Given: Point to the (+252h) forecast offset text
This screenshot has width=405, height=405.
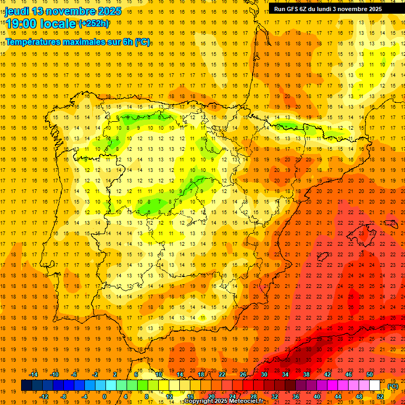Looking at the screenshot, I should tap(94, 24).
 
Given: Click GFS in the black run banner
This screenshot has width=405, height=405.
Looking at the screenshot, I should tap(292, 9).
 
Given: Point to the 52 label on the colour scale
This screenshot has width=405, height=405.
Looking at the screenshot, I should tap(380, 397).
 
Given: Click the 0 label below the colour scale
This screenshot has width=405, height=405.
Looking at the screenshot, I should tap(104, 397).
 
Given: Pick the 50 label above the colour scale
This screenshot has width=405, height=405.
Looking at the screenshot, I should tap(370, 374).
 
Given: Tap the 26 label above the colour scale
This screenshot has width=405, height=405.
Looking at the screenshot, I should tap(243, 374).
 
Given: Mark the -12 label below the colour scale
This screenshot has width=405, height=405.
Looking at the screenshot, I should tap(44, 397).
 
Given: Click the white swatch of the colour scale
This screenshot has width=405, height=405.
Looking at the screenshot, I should tap(375, 385).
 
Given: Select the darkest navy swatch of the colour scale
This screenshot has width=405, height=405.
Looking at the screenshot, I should tap(26, 385).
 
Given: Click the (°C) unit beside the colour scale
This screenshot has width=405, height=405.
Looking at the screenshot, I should tap(393, 386).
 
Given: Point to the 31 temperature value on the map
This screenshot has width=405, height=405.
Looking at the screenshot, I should tap(298, 360).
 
